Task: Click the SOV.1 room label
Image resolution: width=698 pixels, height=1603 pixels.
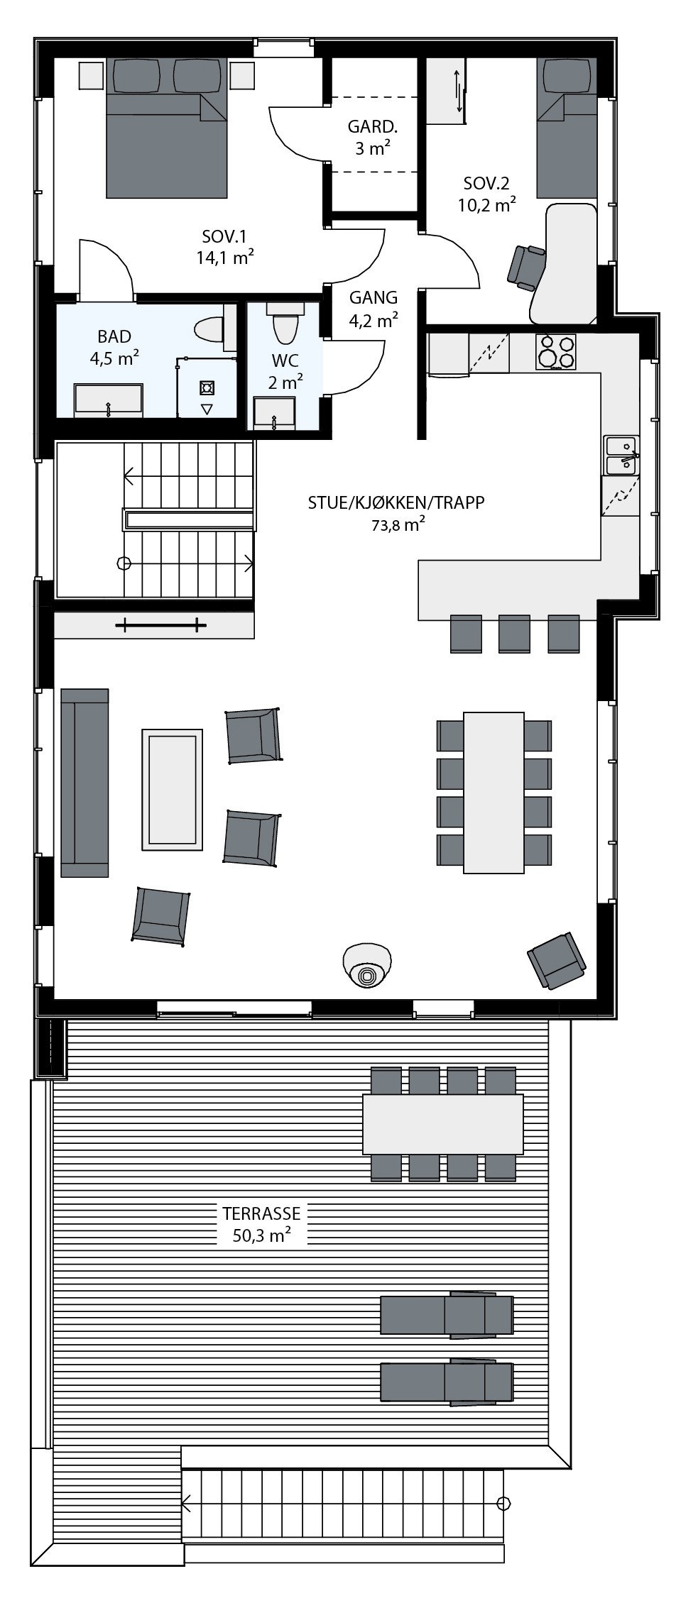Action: pyautogui.click(x=224, y=236)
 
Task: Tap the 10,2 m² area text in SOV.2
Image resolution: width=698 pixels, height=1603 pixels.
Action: pyautogui.click(x=486, y=205)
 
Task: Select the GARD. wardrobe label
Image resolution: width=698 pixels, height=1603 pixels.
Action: pyautogui.click(x=372, y=127)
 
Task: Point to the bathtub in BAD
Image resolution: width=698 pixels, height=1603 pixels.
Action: pyautogui.click(x=109, y=400)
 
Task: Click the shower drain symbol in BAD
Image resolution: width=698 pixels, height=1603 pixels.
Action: pyautogui.click(x=207, y=387)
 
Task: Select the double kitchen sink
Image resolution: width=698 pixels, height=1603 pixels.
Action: pyautogui.click(x=621, y=455)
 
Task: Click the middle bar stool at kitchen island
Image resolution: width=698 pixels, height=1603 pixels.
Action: pyautogui.click(x=514, y=632)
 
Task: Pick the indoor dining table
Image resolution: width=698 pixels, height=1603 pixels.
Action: pyautogui.click(x=494, y=792)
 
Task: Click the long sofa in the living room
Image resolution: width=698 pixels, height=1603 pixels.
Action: pyautogui.click(x=84, y=782)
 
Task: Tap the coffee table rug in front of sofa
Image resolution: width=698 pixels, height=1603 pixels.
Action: pyautogui.click(x=172, y=788)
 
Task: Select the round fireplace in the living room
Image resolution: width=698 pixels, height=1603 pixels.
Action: pyautogui.click(x=367, y=965)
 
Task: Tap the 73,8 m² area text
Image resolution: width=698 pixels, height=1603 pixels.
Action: pyautogui.click(x=396, y=525)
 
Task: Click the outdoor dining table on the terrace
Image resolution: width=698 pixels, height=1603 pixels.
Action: pyautogui.click(x=442, y=1124)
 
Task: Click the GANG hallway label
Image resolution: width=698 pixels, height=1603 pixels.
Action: pyautogui.click(x=373, y=298)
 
